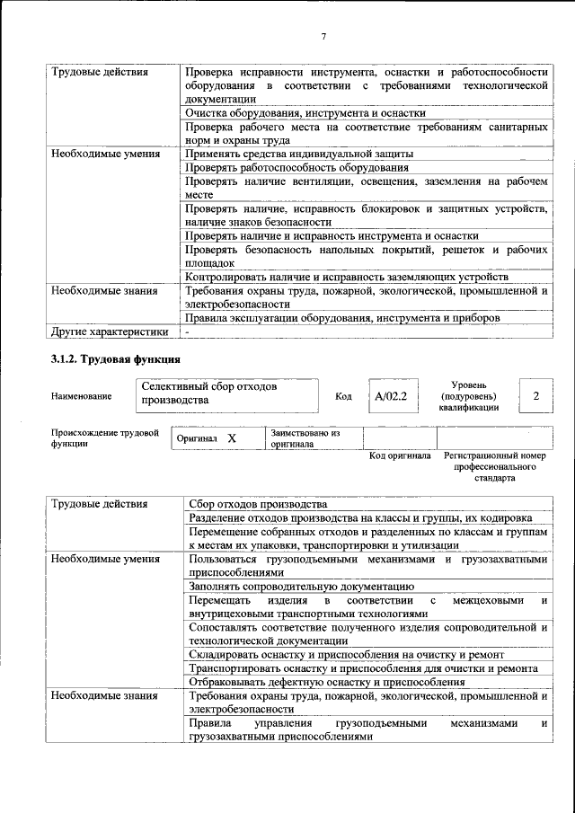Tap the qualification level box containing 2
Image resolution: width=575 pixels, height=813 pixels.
coord(535,396)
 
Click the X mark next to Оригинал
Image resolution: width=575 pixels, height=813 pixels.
coord(231,437)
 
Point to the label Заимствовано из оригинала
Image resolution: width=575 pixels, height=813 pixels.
coord(305,437)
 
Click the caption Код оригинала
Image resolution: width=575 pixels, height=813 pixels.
coord(401,455)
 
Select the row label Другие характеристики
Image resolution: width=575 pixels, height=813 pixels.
coord(109,331)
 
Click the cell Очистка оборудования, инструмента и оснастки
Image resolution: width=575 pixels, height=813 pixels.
coord(305,113)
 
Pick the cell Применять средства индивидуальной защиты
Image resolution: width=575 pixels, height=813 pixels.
coord(299,154)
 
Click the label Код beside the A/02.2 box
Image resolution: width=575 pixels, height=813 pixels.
coord(343,396)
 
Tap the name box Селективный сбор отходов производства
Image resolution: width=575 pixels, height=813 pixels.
coord(228,393)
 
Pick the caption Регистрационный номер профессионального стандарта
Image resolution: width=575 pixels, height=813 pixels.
coord(495,467)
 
